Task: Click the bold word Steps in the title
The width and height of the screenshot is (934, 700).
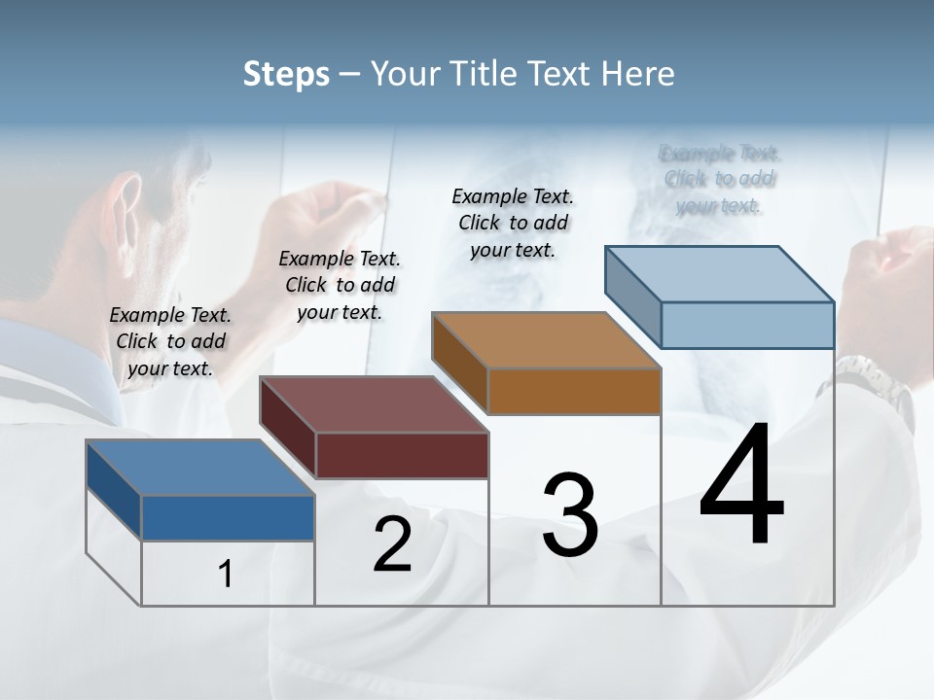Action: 286,74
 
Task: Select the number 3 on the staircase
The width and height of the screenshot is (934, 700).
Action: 570,515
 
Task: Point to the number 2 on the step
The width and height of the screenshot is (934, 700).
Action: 392,544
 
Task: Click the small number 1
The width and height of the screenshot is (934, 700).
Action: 226,574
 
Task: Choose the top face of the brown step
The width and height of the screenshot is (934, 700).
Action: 546,340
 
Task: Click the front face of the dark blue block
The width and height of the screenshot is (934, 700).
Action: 228,518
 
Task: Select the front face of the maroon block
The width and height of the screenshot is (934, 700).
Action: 402,455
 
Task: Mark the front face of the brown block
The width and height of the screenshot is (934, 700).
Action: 574,392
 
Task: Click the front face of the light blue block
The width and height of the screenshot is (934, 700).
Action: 747,325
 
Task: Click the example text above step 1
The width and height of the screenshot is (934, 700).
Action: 170,341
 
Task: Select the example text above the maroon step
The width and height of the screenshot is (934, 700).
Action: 340,285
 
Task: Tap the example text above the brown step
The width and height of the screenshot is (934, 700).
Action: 513,223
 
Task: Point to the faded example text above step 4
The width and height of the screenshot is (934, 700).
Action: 720,179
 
